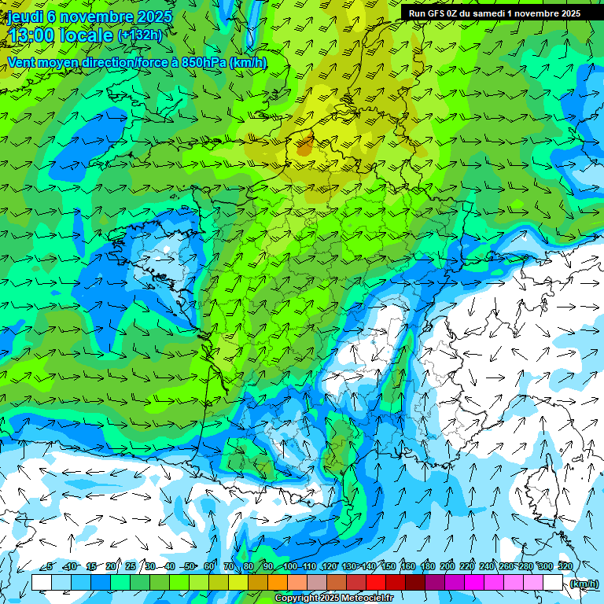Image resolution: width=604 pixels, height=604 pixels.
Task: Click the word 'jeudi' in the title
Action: [x=24, y=16]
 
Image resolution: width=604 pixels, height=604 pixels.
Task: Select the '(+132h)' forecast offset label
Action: [x=140, y=35]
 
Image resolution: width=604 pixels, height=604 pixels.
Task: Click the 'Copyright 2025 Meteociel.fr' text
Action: [x=344, y=598]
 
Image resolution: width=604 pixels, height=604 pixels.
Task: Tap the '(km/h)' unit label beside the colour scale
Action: [x=583, y=583]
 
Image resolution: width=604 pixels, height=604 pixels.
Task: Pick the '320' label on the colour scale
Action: [x=564, y=566]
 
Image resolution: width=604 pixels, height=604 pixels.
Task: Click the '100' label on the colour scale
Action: [x=289, y=566]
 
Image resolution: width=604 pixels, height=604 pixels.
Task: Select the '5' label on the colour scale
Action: [x=50, y=566]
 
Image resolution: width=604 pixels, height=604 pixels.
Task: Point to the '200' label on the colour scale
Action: [x=447, y=566]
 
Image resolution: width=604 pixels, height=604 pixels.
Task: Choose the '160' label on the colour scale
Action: [x=407, y=566]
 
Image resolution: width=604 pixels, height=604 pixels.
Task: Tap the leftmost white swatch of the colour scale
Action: [x=42, y=582]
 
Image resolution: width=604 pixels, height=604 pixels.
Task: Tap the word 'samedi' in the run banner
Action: [x=503, y=13]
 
